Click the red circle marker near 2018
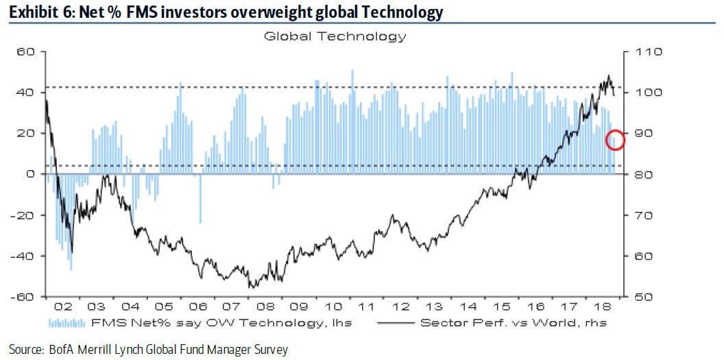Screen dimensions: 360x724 pos(615,139)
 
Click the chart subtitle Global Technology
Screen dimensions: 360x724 pos(335,36)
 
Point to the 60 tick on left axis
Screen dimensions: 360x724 pos(25,51)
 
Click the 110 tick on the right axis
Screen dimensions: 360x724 pos(648,51)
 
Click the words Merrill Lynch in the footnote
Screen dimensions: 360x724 pos(115,349)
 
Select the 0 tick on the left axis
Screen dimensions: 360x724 pos(30,174)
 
